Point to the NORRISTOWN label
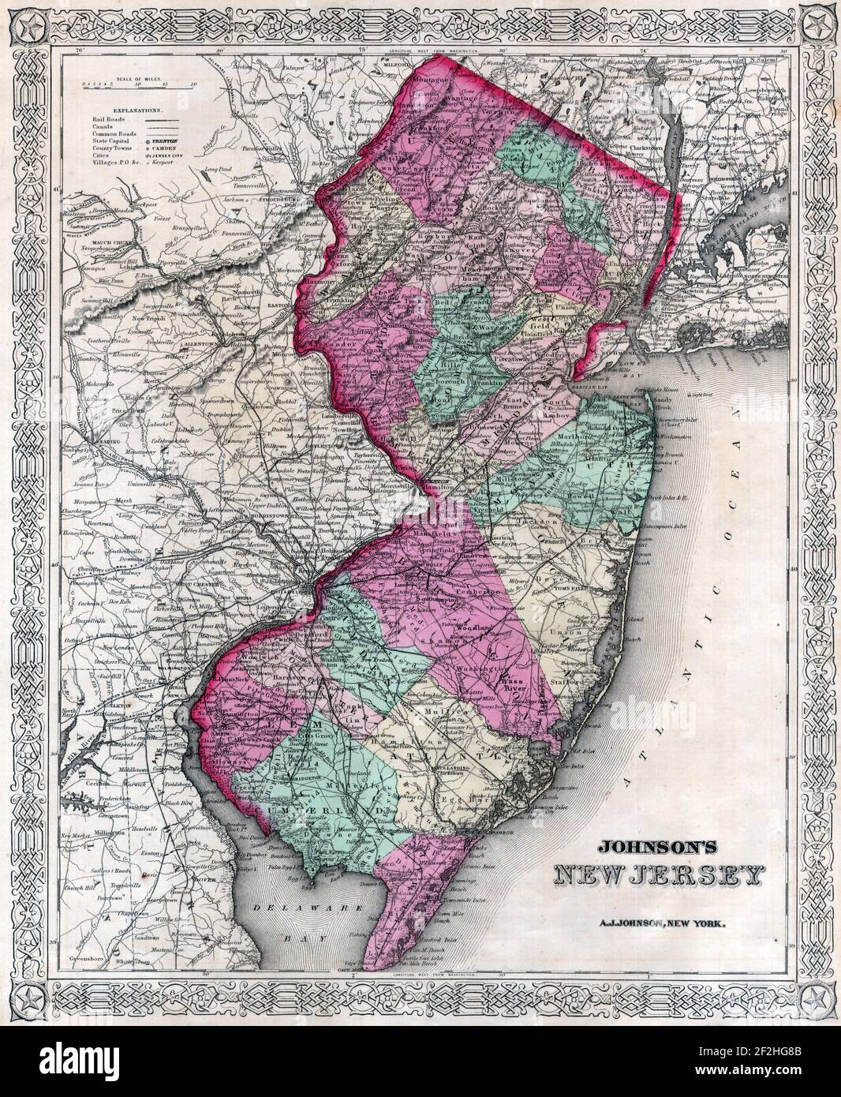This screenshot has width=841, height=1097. [x=261, y=522]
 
